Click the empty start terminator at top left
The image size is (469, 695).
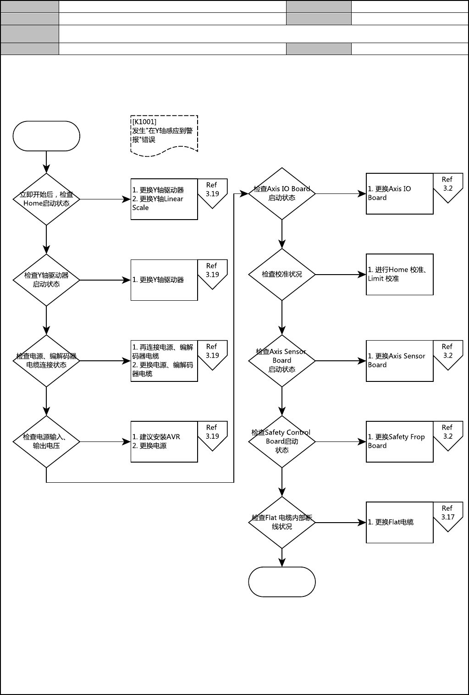pyautogui.click(x=46, y=136)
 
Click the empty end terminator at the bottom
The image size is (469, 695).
pyautogui.click(x=282, y=582)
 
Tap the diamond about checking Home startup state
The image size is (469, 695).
pyautogui.click(x=46, y=199)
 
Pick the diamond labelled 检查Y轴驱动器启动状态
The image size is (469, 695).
pyautogui.click(x=46, y=280)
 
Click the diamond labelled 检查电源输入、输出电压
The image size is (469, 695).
pyautogui.click(x=46, y=441)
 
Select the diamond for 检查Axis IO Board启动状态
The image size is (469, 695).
pyautogui.click(x=282, y=193)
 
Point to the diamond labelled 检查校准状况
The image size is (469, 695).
pyautogui.click(x=282, y=274)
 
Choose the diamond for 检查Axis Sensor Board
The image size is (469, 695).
pyautogui.click(x=282, y=360)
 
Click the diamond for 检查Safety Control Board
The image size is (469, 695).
pyautogui.click(x=282, y=441)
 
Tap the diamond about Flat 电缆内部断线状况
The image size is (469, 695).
pyautogui.click(x=282, y=522)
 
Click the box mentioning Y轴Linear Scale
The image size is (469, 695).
pyautogui.click(x=164, y=199)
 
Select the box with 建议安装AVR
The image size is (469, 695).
pyautogui.click(x=164, y=441)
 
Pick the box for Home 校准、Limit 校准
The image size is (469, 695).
pyautogui.click(x=399, y=274)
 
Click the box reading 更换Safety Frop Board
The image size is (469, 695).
pyautogui.click(x=399, y=441)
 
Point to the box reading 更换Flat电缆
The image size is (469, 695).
pyautogui.click(x=399, y=522)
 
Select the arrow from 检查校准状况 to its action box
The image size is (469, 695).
pyautogui.click(x=341, y=275)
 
